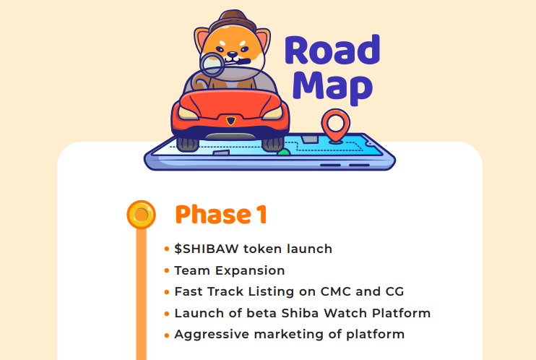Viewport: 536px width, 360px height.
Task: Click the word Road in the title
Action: (332, 51)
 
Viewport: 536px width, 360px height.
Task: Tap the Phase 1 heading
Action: (221, 215)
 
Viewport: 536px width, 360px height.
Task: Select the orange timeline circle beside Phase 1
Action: (141, 215)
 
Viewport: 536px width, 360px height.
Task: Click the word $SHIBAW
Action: (206, 249)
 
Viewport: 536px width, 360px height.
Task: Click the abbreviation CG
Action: (394, 292)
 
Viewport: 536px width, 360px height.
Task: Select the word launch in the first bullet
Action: (308, 249)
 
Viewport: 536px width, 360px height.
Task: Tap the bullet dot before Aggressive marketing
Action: (167, 335)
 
